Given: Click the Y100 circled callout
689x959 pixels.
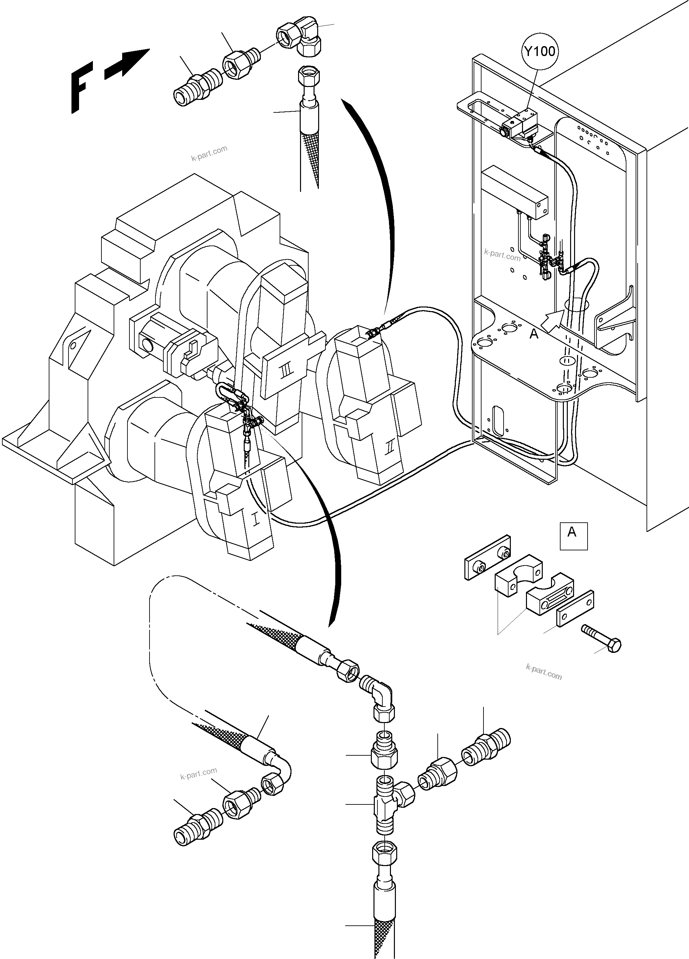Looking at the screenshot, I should pos(539,52).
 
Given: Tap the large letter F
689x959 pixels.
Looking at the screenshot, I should pos(81,91).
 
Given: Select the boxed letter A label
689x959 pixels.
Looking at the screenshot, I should pos(573,536).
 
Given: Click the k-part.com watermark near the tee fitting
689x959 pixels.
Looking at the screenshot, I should pos(198,774).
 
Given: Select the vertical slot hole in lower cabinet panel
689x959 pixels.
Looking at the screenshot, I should pos(499,421).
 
